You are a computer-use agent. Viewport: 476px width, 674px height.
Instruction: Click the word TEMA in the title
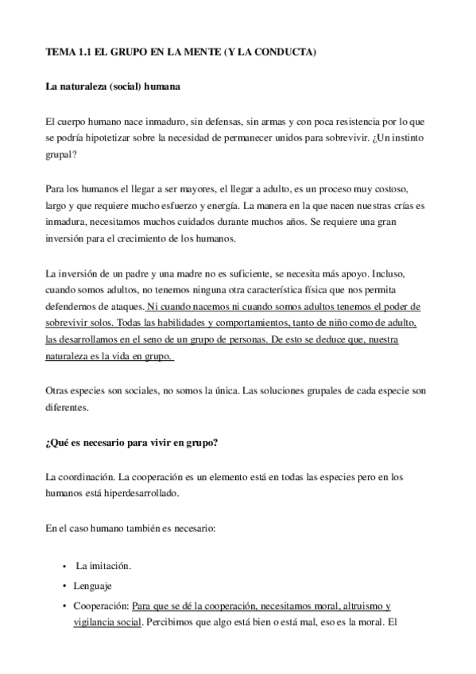tap(60, 52)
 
